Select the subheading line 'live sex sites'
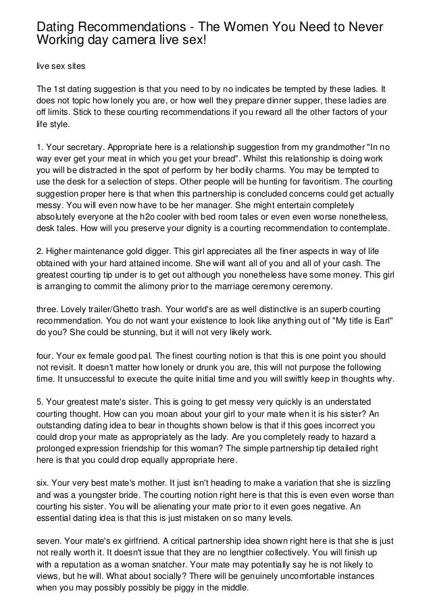click(59, 68)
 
